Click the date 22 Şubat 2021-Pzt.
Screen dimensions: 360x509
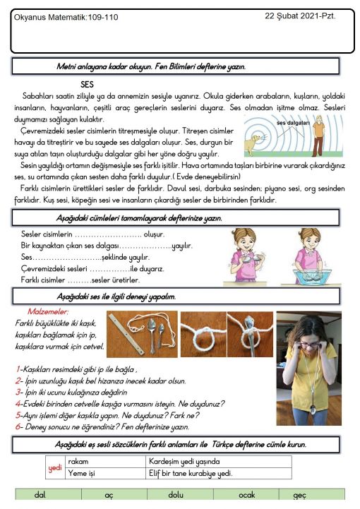(x=300, y=16)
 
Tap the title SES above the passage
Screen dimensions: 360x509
(x=87, y=85)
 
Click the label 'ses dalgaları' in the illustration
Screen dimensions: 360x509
(x=293, y=123)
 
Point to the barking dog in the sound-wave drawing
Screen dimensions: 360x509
(x=252, y=145)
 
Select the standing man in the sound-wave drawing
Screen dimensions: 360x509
(x=318, y=136)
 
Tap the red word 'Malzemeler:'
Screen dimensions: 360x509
(x=48, y=311)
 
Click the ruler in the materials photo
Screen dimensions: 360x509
(x=126, y=335)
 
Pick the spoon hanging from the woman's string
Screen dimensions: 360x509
(x=313, y=409)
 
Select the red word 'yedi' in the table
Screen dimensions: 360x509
(x=55, y=468)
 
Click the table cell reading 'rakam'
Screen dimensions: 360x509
(x=78, y=461)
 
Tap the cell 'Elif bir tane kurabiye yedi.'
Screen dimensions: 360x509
(x=191, y=473)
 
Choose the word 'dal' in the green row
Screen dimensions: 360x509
(x=40, y=495)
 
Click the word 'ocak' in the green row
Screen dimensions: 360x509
(x=247, y=495)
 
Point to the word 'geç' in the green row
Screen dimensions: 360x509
(x=299, y=496)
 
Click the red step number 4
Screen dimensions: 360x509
(x=18, y=404)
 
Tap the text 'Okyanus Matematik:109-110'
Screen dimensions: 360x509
(x=66, y=17)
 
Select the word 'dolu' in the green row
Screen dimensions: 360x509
(x=176, y=495)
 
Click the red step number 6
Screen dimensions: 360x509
(x=18, y=426)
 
